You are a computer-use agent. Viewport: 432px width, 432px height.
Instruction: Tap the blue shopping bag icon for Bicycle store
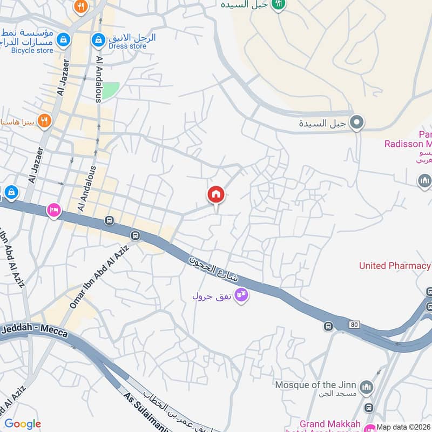click(63, 39)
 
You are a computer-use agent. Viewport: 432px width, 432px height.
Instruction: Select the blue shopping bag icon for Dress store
click(98, 39)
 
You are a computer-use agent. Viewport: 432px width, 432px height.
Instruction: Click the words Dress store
click(127, 46)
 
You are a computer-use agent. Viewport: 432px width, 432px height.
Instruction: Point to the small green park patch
click(110, 90)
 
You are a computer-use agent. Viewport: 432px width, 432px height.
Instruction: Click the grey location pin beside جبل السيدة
click(356, 123)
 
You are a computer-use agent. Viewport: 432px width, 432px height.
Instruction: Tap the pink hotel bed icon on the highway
click(53, 210)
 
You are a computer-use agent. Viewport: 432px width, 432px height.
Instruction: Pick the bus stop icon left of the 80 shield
click(328, 326)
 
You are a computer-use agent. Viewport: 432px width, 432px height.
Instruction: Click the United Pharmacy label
click(395, 266)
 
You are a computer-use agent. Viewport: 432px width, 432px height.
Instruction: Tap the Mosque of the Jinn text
click(315, 385)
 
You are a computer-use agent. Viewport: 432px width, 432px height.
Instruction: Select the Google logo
click(23, 424)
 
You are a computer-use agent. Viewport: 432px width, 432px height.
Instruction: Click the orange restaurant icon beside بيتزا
click(45, 120)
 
